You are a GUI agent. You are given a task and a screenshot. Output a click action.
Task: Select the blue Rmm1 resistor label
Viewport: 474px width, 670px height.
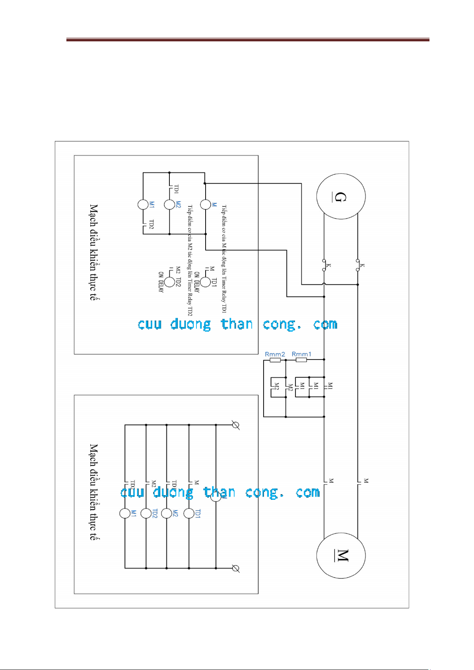pos(301,354)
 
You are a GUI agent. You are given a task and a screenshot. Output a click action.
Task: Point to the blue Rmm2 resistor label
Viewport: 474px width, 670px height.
pos(275,354)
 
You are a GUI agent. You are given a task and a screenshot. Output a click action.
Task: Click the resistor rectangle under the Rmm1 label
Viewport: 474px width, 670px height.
pos(301,360)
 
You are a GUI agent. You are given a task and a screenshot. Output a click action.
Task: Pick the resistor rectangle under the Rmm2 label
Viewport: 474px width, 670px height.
pos(275,360)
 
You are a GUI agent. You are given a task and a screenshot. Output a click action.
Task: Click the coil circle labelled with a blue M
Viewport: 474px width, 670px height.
pos(205,204)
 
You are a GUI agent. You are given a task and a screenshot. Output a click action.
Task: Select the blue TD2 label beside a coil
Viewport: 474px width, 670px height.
pos(155,514)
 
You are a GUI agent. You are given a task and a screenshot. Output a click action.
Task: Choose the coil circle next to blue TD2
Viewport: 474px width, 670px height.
pos(146,513)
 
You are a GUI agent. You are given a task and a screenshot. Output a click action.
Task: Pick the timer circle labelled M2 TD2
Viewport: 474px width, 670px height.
pos(170,282)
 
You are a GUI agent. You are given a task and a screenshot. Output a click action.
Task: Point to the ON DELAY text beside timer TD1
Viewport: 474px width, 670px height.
pos(196,283)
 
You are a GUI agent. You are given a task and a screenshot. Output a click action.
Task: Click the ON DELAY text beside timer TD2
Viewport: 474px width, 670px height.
pos(161,282)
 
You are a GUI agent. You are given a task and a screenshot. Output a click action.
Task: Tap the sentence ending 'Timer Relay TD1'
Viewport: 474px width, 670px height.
pos(224,258)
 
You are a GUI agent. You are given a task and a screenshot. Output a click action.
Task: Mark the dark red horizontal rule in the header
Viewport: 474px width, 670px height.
pos(247,40)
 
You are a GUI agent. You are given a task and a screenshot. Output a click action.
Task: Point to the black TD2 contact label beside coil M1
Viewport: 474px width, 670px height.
pos(152,224)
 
